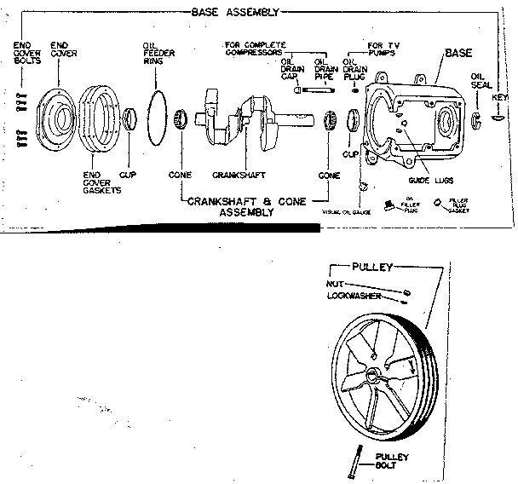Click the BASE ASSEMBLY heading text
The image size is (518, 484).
[x=235, y=14]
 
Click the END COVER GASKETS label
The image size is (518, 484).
[x=101, y=181]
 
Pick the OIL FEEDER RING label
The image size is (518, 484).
[x=155, y=52]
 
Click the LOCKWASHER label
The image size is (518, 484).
[x=353, y=297]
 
